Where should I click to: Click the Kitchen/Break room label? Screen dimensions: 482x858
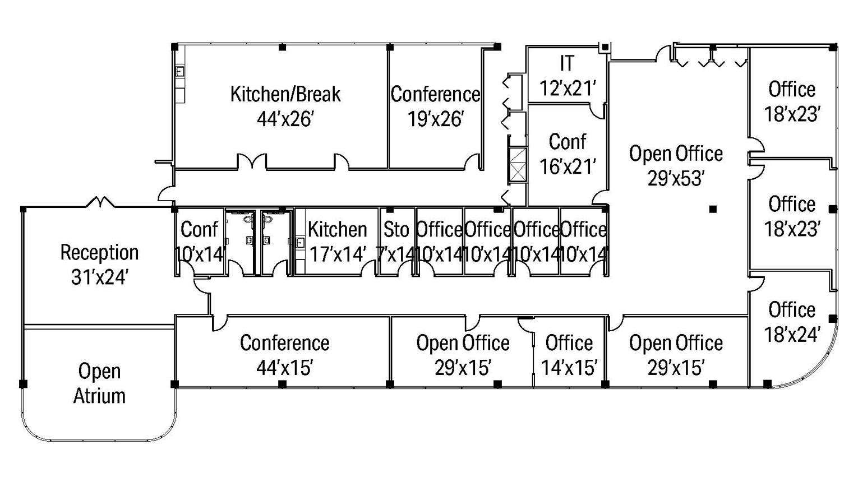tap(285, 94)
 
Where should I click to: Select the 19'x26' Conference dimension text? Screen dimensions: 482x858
tap(435, 119)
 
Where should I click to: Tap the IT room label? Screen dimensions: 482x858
tap(567, 63)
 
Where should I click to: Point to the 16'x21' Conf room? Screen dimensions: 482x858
tap(567, 154)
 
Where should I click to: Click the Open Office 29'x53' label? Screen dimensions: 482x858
tap(676, 154)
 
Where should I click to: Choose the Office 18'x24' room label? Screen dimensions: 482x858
tap(791, 310)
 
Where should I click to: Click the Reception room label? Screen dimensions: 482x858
tap(99, 252)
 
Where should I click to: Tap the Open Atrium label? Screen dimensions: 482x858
tap(99, 383)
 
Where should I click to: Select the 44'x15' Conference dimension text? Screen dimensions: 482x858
tap(284, 368)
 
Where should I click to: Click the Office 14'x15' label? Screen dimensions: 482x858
tap(569, 343)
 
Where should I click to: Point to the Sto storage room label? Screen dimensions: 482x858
tap(396, 230)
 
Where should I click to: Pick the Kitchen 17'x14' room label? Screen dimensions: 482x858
tap(337, 230)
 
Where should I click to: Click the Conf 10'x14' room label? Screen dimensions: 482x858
tap(199, 230)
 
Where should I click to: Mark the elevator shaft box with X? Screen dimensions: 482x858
tap(518, 165)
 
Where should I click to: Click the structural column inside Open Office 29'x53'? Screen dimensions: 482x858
tap(713, 209)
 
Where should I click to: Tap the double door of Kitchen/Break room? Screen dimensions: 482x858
tap(252, 162)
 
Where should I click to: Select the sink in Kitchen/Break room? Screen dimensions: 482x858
tap(180, 72)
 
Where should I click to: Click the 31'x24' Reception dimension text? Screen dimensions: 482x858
tap(99, 277)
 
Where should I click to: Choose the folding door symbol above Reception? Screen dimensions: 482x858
tap(100, 202)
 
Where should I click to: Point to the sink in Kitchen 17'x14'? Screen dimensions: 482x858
tap(300, 243)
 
